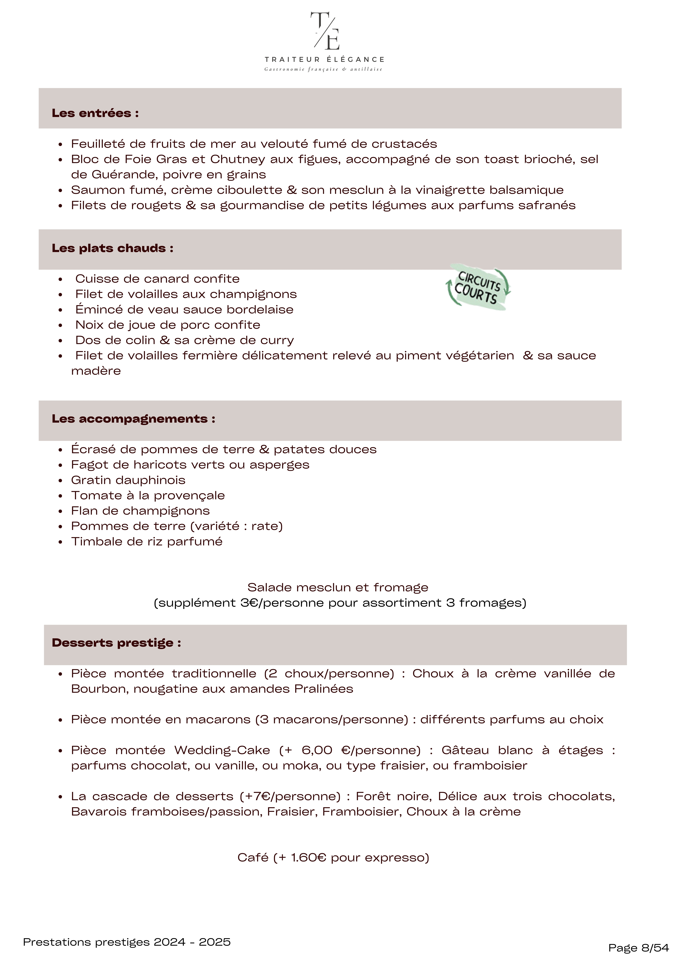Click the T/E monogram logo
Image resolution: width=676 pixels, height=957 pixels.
325,31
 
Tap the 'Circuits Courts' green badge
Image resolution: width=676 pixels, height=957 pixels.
478,287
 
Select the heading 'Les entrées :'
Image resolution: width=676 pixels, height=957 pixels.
95,113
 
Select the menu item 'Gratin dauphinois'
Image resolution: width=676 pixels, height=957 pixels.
128,480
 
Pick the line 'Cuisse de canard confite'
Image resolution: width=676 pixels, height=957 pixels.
157,279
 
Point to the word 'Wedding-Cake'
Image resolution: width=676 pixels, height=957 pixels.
222,750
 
